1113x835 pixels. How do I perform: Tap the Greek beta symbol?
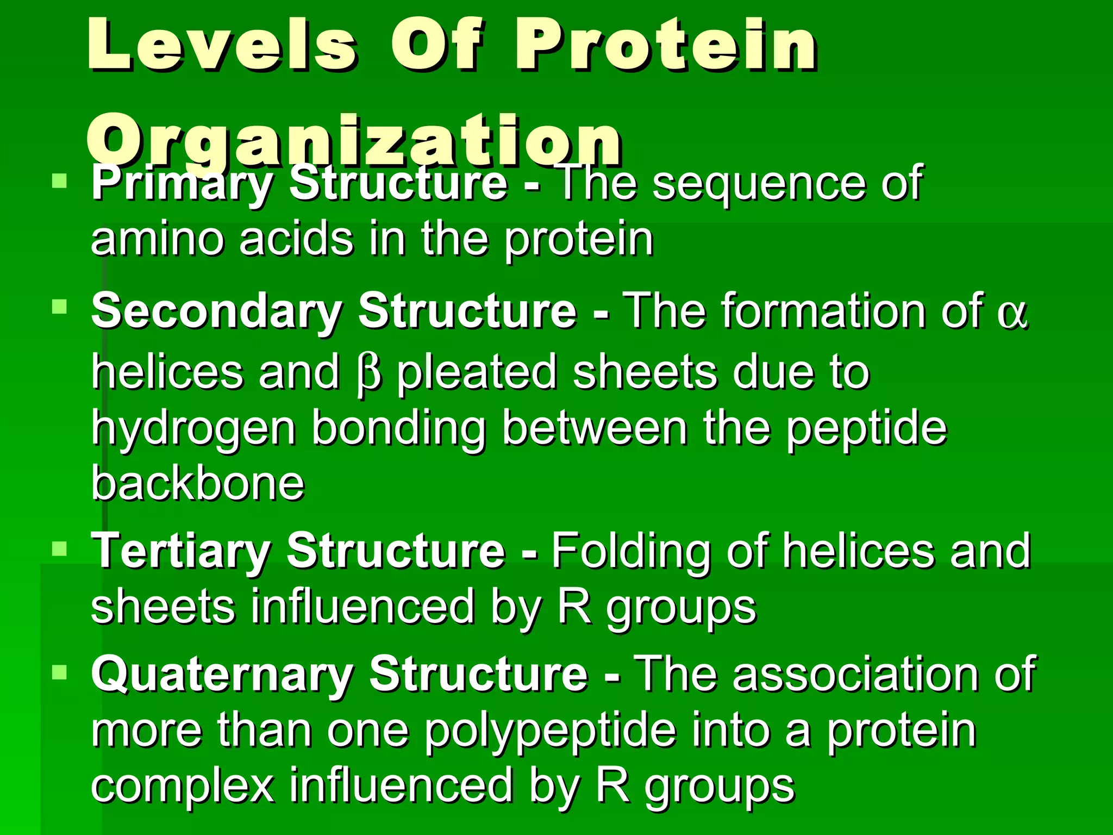(370, 374)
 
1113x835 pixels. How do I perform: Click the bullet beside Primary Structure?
(59, 180)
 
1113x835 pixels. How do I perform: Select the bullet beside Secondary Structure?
(59, 307)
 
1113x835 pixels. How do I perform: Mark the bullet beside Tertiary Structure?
(59, 549)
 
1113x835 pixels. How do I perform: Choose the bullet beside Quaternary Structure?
(59, 672)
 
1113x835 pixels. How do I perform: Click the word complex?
(183, 787)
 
